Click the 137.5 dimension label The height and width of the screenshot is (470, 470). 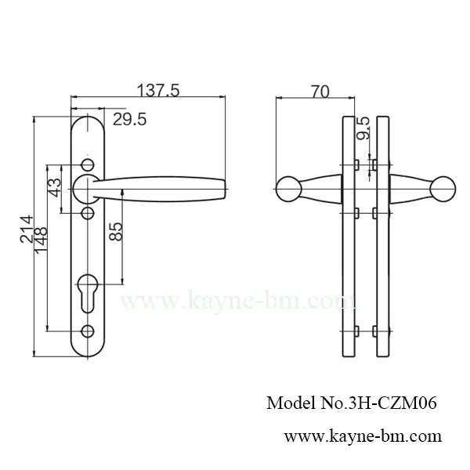click(159, 91)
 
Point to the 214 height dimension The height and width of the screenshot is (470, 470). click(27, 230)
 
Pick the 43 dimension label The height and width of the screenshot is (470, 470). click(55, 188)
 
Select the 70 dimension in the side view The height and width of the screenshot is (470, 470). click(319, 92)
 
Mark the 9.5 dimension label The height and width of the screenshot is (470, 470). click(363, 128)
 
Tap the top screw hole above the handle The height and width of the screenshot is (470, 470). click(87, 164)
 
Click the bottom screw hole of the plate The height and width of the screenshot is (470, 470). click(87, 330)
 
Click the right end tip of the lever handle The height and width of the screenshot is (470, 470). click(224, 186)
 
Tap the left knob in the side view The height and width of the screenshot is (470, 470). click(288, 188)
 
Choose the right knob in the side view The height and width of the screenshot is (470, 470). click(443, 188)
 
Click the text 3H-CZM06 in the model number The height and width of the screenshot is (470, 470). click(397, 403)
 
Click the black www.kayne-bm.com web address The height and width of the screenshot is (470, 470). click(362, 436)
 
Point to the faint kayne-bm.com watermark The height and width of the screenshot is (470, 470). click(235, 300)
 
